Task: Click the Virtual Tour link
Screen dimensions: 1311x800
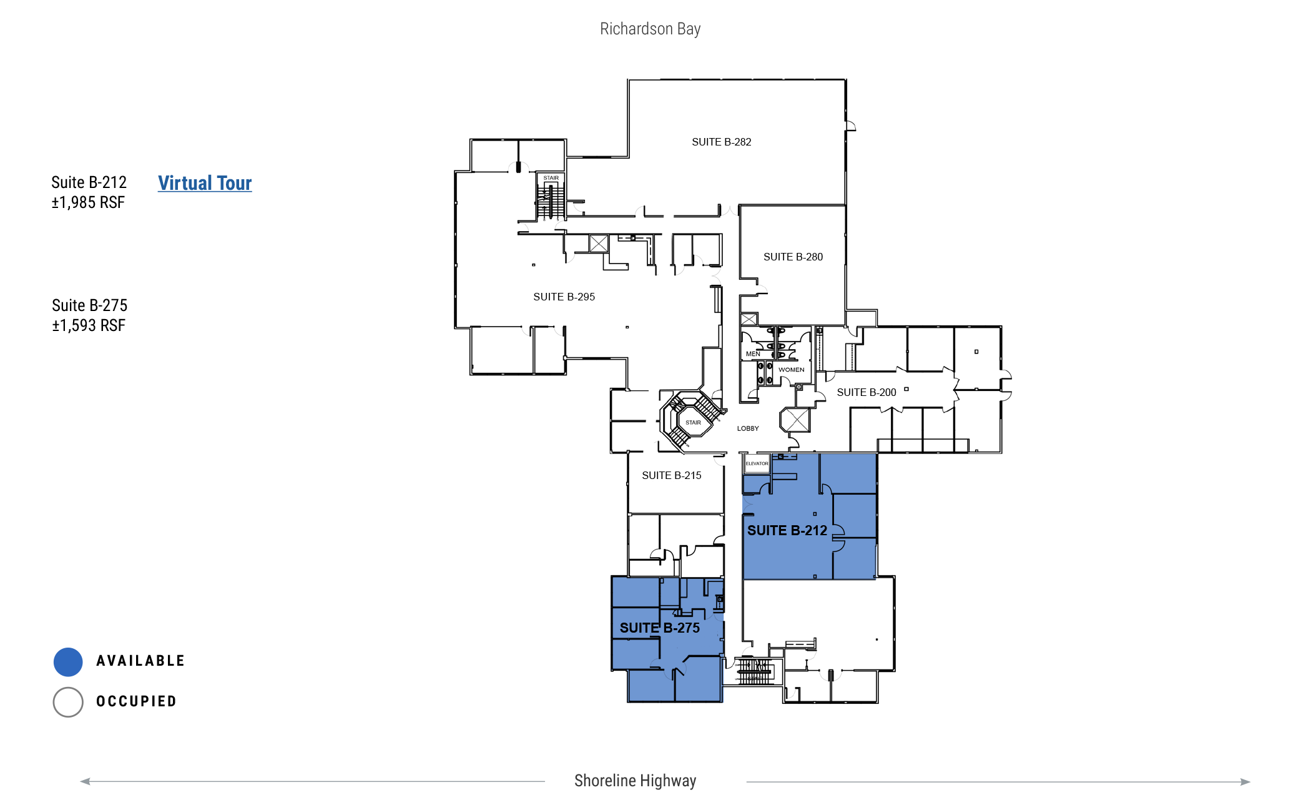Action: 205,183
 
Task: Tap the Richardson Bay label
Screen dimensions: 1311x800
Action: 651,29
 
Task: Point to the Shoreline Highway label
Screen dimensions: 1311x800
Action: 635,781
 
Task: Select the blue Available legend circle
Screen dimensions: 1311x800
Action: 68,662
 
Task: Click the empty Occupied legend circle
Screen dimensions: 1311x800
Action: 68,702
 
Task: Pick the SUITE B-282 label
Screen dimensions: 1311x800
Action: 722,142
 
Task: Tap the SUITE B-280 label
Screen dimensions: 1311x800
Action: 793,257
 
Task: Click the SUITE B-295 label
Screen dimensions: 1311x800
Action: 564,297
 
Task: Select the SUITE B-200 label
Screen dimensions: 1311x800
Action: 867,393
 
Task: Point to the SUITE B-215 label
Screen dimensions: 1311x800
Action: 672,476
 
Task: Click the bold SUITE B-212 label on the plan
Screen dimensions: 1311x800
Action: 787,531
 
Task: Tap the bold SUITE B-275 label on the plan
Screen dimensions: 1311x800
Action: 660,628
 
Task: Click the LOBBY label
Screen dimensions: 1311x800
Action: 748,428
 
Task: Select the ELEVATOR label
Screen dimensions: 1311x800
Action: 757,463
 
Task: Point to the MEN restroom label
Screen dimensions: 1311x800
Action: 753,354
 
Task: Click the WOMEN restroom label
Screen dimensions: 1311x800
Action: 792,370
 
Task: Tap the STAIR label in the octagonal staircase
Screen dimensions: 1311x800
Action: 693,423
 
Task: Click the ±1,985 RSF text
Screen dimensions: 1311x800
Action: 88,203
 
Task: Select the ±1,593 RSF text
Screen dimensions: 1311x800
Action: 89,326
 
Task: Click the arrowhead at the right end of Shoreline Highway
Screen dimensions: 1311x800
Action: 1245,782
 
